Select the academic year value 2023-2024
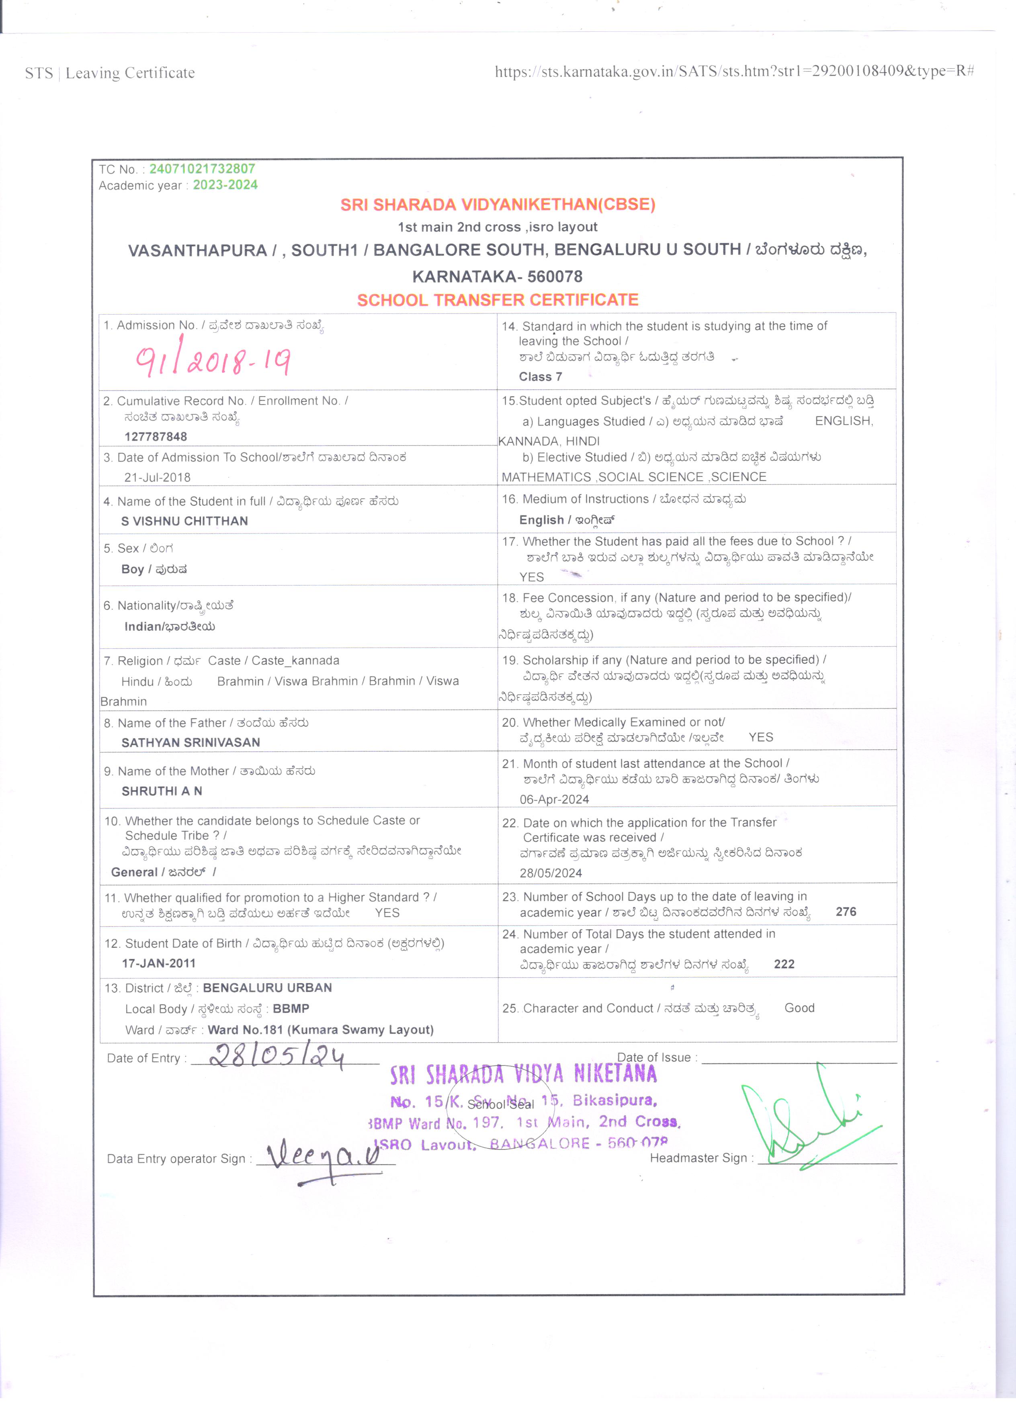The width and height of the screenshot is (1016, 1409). point(225,185)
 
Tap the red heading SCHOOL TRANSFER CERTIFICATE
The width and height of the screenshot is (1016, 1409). point(498,300)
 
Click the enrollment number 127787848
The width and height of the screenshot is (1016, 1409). point(156,436)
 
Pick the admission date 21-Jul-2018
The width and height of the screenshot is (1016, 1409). point(157,477)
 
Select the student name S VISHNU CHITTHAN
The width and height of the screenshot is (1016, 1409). point(184,521)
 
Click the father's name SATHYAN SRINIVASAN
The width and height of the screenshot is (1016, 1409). point(191,742)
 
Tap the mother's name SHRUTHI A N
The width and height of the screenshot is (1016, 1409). point(162,791)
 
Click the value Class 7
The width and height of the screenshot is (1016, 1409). point(541,376)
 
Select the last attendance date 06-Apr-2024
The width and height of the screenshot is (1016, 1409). point(554,800)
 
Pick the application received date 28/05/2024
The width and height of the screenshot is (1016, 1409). point(551,873)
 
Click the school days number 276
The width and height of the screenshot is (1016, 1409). point(846,912)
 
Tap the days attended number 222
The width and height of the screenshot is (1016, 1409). point(784,964)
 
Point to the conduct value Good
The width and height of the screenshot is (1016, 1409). point(799,1008)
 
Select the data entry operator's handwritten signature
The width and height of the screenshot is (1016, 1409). point(323,1157)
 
